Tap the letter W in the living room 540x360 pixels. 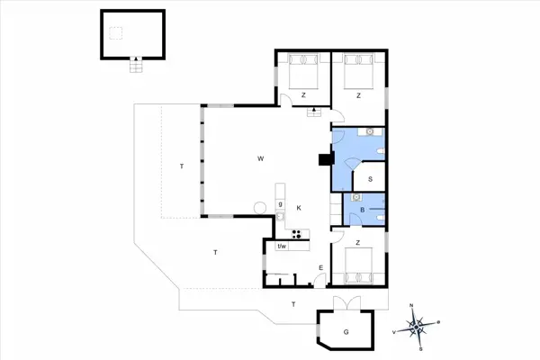tap(260, 159)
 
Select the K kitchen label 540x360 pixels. tap(298, 208)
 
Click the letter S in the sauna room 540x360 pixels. tap(370, 179)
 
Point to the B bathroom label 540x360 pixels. tap(363, 210)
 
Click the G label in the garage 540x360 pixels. tap(345, 332)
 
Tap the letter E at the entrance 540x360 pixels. tap(321, 268)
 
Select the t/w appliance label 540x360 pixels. tap(281, 247)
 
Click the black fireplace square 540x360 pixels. tap(325, 160)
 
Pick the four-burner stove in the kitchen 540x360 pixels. tap(298, 236)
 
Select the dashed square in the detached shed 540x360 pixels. tap(115, 33)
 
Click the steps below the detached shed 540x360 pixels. tap(136, 66)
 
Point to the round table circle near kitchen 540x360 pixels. tap(260, 208)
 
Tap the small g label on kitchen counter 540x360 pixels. tap(280, 204)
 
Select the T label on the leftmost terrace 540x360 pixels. tap(181, 166)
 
